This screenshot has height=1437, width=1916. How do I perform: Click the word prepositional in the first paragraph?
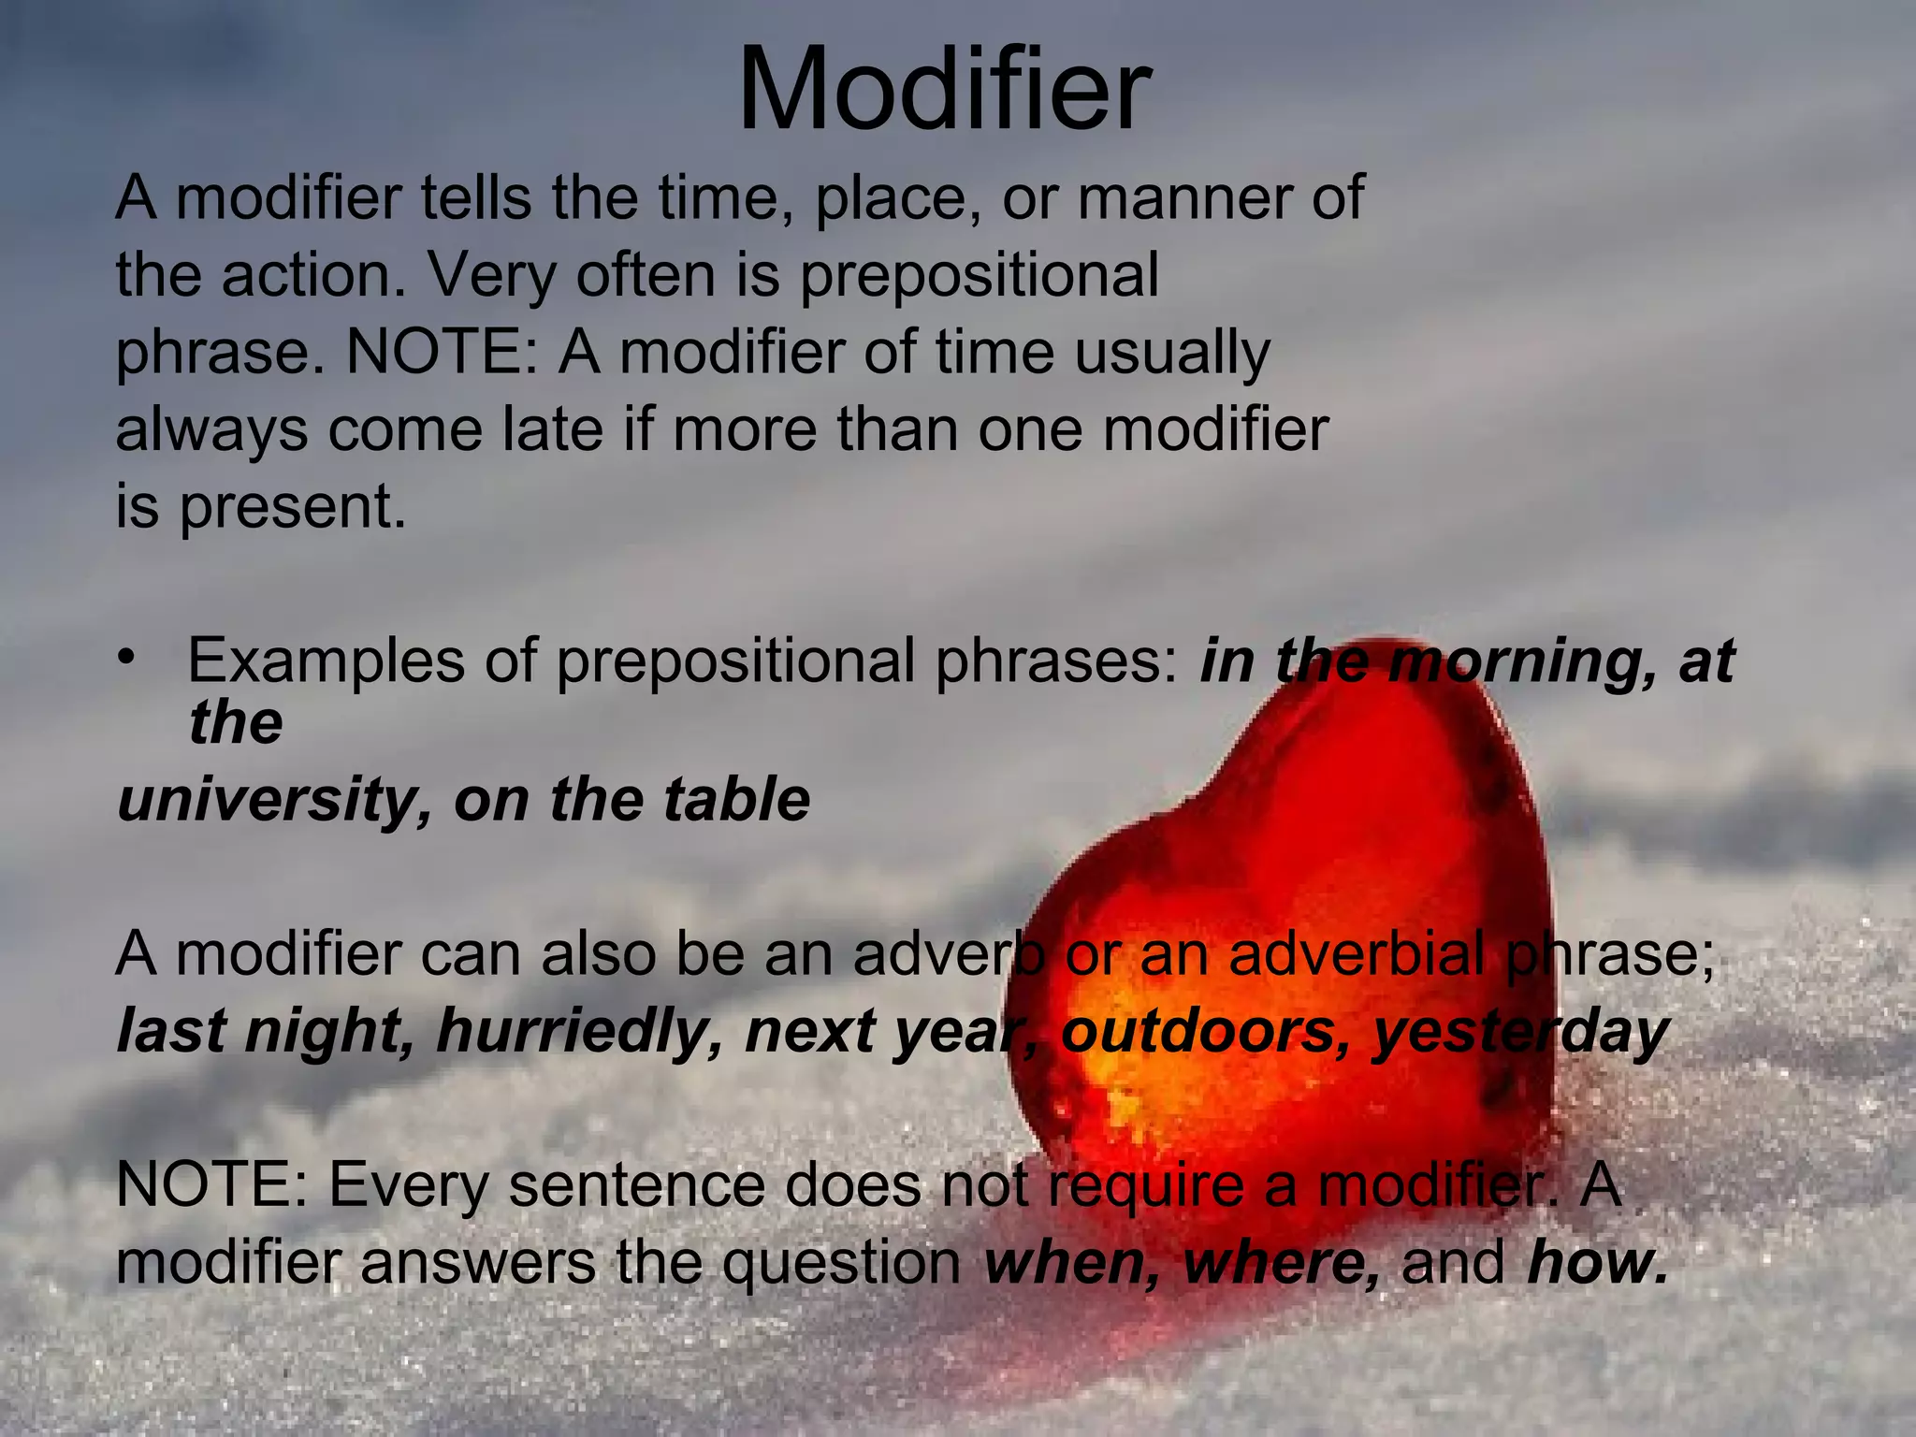[979, 275]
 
